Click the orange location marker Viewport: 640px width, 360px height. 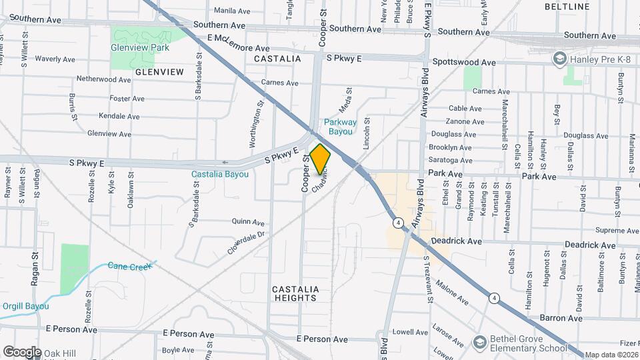click(x=321, y=159)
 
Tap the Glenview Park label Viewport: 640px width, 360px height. click(x=140, y=48)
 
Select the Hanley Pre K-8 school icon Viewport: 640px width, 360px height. click(x=559, y=60)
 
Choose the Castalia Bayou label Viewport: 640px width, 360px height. click(x=220, y=175)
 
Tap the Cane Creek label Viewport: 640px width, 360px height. click(x=130, y=265)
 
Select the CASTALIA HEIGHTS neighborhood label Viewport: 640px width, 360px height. click(x=295, y=293)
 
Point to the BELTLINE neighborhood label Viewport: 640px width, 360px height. click(x=567, y=7)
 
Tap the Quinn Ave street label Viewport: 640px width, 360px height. click(x=248, y=222)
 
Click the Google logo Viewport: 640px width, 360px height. click(x=22, y=351)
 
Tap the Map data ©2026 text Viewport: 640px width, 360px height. click(x=611, y=355)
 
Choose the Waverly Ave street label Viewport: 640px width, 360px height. click(x=55, y=59)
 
